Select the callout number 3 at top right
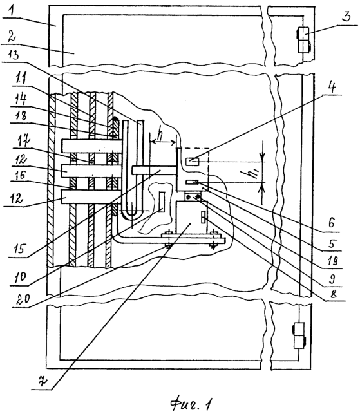346,15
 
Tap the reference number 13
14,55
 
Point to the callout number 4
334,87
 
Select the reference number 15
21,249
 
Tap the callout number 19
332,260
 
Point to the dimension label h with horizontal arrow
159,135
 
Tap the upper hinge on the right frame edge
303,40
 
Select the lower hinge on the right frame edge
299,335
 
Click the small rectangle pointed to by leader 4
193,162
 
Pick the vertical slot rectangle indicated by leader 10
162,202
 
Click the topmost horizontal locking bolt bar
91,146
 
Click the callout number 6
332,223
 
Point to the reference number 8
334,294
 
